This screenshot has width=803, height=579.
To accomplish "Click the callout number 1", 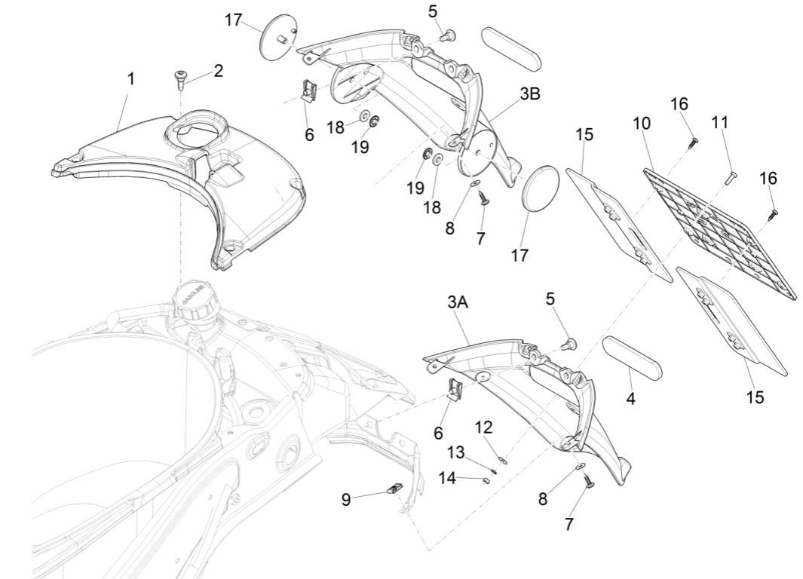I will pyautogui.click(x=130, y=79).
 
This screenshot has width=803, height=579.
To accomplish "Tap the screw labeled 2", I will pyautogui.click(x=181, y=78).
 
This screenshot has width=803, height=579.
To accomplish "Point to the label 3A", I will pyautogui.click(x=458, y=302).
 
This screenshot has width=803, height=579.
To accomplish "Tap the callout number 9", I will pyautogui.click(x=346, y=500).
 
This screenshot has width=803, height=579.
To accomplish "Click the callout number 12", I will pyautogui.click(x=483, y=427).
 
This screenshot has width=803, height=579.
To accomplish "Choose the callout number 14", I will pyautogui.click(x=448, y=478).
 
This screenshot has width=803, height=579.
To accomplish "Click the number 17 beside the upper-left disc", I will pyautogui.click(x=234, y=20).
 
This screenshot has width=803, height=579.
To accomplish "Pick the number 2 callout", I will pyautogui.click(x=218, y=71).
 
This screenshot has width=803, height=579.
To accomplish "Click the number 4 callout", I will pyautogui.click(x=631, y=399).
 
